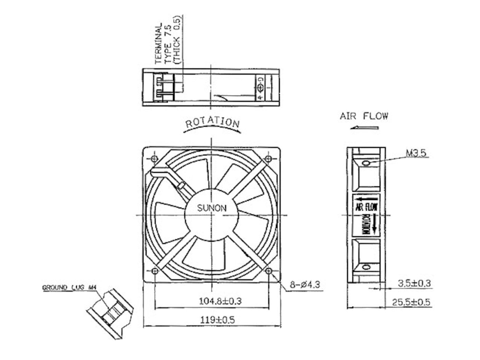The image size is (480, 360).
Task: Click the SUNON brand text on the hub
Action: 212,208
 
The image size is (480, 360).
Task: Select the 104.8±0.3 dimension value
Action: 220,301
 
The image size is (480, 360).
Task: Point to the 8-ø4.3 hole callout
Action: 305,284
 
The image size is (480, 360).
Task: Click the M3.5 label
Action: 416,153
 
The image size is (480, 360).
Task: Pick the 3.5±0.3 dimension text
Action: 414,284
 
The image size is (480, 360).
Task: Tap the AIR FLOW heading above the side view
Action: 364,116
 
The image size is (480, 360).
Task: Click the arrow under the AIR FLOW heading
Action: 364,128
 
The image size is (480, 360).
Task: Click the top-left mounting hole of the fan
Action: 154,159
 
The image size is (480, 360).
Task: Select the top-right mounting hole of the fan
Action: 268,159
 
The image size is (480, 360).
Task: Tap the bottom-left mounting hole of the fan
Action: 154,271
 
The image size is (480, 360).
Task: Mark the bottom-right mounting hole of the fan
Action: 268,271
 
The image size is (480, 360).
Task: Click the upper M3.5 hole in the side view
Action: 366,163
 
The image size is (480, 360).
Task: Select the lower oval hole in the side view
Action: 366,267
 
